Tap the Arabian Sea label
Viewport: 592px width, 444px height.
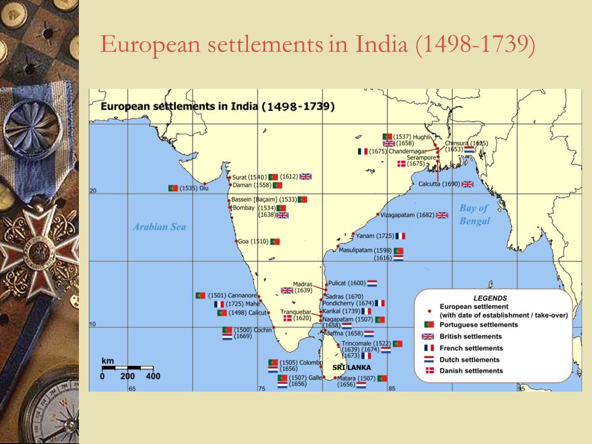point(159,227)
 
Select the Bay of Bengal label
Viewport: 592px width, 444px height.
point(474,214)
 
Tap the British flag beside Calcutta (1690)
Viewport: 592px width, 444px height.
point(467,184)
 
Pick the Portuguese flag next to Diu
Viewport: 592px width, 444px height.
point(173,187)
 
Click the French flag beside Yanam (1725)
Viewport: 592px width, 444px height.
point(401,236)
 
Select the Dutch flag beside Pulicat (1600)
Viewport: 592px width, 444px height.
point(372,283)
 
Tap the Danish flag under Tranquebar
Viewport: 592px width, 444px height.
point(287,318)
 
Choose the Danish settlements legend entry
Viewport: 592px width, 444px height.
point(470,371)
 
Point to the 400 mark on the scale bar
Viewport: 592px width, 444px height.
point(153,376)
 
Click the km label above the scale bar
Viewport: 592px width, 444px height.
point(107,360)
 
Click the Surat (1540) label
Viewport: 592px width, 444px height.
point(249,177)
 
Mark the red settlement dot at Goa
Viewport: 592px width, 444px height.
point(236,241)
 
